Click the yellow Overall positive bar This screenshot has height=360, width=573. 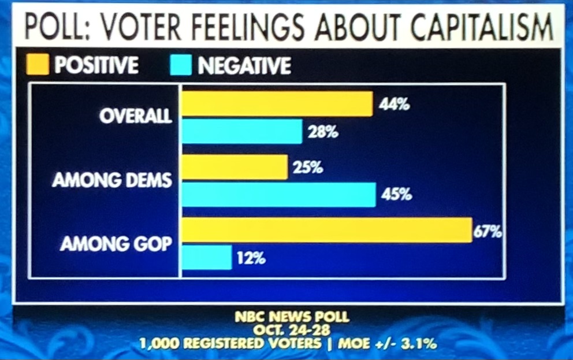(x=277, y=104)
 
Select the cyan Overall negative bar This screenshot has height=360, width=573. (x=242, y=132)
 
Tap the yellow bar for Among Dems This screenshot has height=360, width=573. (x=235, y=167)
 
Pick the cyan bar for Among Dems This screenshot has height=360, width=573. (x=278, y=194)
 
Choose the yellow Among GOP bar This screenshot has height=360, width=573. (x=327, y=230)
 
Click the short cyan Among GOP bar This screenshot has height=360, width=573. (x=207, y=257)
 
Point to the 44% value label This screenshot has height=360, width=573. (x=395, y=105)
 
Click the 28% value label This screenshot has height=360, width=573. (x=323, y=132)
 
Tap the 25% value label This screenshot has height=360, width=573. (x=308, y=168)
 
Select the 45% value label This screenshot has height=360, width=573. (x=396, y=195)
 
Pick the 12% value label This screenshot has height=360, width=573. (x=251, y=258)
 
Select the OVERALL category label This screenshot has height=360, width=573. (x=136, y=116)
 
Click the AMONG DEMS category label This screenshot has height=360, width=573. (x=112, y=180)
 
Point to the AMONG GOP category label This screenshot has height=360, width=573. (x=116, y=244)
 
